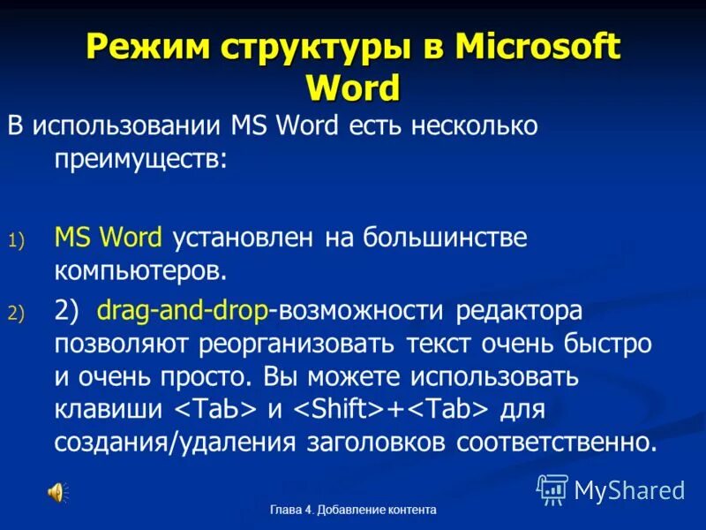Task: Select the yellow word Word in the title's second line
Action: point(353,87)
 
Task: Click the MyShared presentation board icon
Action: point(552,488)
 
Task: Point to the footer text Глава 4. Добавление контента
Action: point(353,511)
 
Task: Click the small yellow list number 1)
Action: point(19,238)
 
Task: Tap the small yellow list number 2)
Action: point(19,313)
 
